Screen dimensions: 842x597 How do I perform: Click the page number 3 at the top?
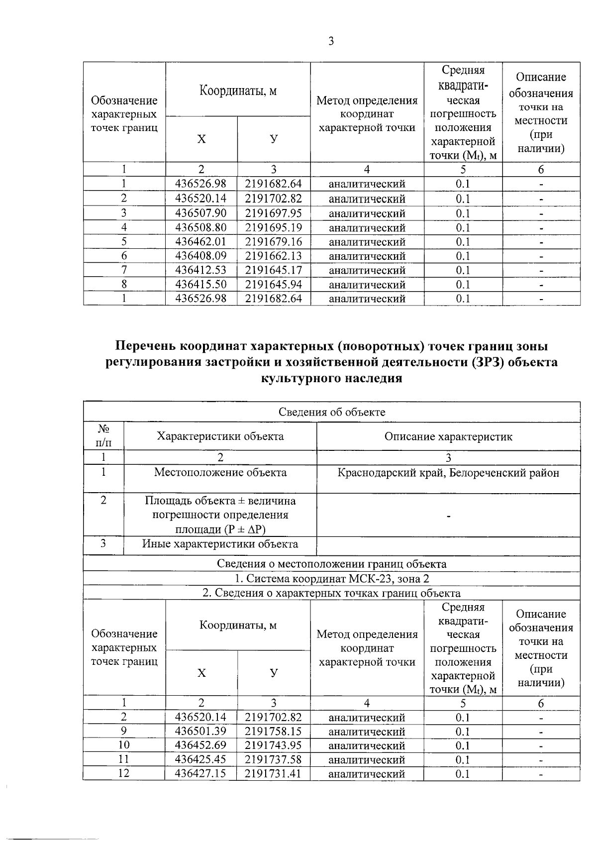click(x=331, y=41)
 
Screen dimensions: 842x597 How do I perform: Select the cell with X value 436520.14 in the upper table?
click(x=201, y=199)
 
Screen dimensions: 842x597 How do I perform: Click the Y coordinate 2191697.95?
click(x=274, y=213)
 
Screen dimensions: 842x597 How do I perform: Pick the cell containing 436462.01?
click(x=201, y=242)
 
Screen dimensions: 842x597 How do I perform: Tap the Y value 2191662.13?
click(x=274, y=256)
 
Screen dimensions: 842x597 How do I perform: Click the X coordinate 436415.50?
click(x=201, y=285)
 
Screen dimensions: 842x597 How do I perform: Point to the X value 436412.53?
click(x=201, y=270)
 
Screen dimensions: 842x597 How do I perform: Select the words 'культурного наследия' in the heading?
click(x=331, y=378)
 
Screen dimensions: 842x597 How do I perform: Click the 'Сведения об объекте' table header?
click(x=331, y=412)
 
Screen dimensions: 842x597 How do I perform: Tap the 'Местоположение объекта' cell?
click(x=220, y=472)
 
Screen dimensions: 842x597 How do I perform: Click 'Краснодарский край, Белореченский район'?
click(x=448, y=472)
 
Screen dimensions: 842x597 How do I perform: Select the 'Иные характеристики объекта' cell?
click(x=220, y=544)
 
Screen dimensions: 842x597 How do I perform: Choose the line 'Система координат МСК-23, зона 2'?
click(x=331, y=578)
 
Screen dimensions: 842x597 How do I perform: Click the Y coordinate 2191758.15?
click(x=274, y=732)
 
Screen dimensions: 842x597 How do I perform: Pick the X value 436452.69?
click(x=201, y=745)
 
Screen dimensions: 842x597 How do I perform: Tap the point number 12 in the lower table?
click(x=124, y=774)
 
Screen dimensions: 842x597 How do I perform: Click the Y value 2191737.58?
click(x=274, y=759)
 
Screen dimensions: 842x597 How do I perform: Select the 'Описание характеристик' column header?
click(x=448, y=436)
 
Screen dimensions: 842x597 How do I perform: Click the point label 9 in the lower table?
click(x=124, y=732)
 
